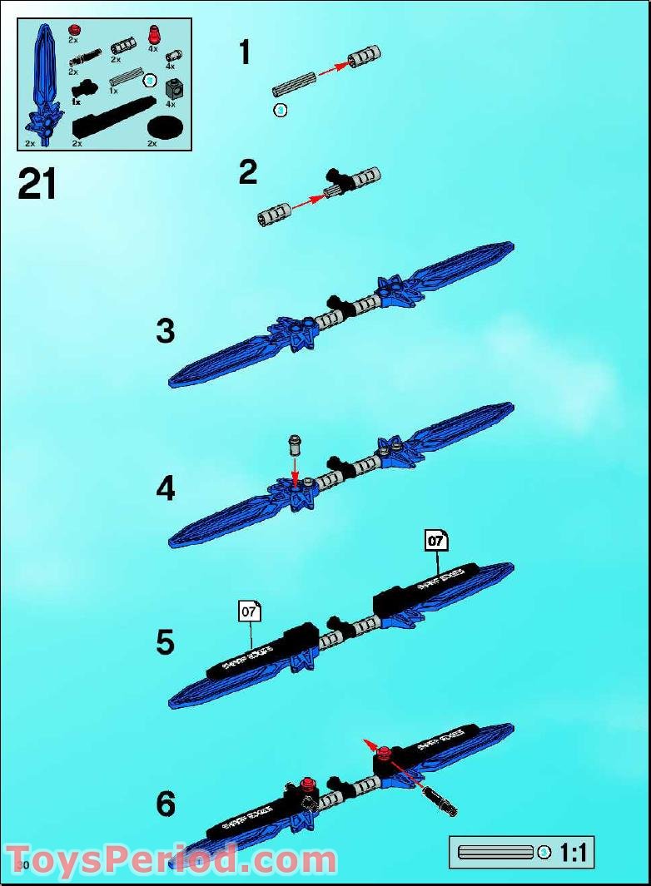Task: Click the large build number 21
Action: (37, 184)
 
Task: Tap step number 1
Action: (244, 53)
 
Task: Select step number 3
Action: (166, 331)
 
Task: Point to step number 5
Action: (166, 642)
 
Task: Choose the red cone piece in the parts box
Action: (153, 33)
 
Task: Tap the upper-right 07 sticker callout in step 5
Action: (435, 541)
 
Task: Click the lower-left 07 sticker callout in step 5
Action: (249, 611)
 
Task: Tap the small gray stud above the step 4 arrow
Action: (294, 443)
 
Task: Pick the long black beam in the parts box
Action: (113, 116)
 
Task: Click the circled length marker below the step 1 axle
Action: (281, 110)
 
